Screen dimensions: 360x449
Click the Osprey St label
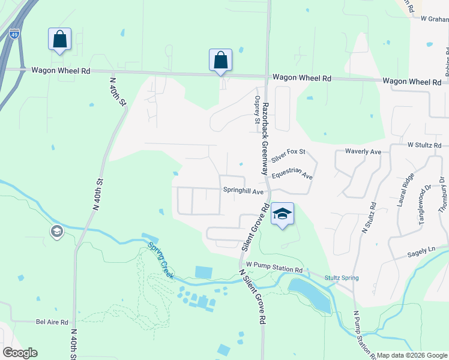(257, 112)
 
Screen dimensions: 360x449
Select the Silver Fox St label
(289, 156)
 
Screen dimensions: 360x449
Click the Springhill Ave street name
(244, 191)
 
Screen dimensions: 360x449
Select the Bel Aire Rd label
(52, 322)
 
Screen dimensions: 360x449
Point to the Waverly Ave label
(364, 152)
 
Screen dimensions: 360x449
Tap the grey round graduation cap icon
(57, 232)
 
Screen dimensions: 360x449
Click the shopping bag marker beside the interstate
(60, 40)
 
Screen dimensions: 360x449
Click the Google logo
(20, 353)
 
